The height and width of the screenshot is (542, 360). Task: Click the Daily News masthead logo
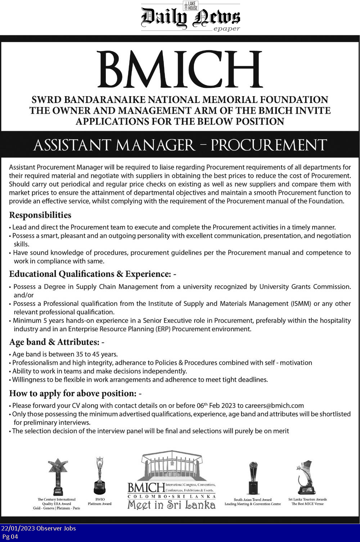[190, 17]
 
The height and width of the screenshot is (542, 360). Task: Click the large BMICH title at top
[180, 70]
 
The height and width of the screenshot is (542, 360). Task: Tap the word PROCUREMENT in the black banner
[269, 145]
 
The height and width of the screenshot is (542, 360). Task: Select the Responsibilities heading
[40, 215]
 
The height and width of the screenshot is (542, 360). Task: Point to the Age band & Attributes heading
[57, 342]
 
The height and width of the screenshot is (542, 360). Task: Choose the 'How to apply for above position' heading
[75, 393]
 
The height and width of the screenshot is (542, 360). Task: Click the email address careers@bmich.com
[274, 406]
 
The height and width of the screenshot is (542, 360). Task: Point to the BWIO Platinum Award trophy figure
[100, 475]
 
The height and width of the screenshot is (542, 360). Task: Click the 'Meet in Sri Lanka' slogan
[171, 505]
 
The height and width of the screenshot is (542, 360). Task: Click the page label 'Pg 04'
[10, 537]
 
